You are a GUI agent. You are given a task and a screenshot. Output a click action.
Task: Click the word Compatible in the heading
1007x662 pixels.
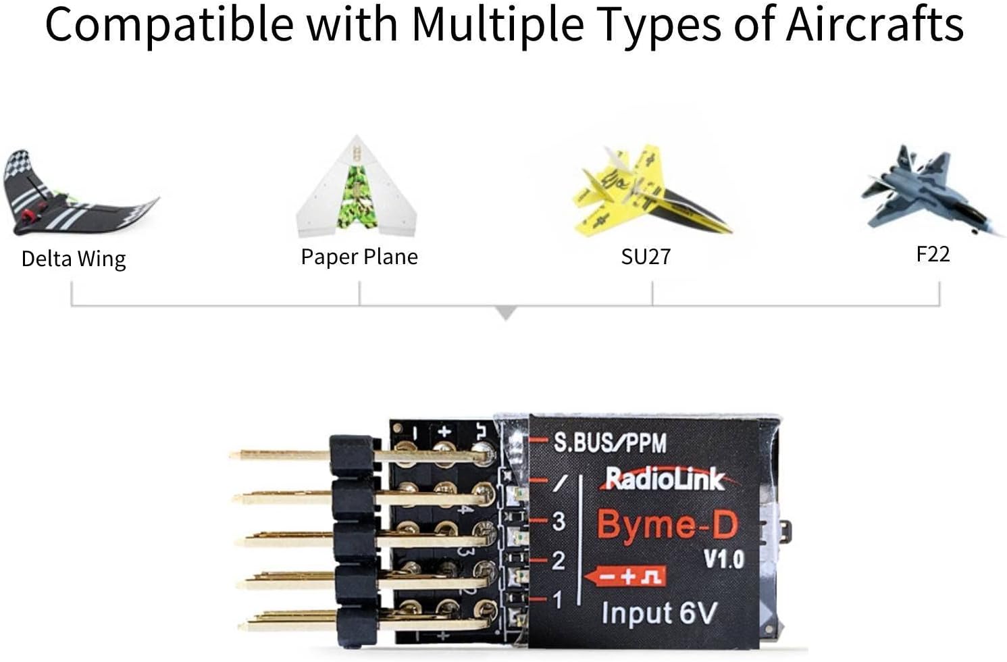tap(170, 24)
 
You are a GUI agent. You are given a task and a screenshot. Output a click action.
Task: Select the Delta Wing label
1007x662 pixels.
tap(74, 259)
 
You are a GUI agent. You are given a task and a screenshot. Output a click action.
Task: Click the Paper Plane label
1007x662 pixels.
tap(359, 257)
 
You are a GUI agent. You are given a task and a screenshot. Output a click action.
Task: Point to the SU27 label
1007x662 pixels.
tap(646, 257)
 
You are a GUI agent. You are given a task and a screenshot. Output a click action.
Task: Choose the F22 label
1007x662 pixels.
tap(933, 254)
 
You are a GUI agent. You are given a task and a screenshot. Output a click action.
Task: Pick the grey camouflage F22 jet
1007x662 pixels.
tap(929, 193)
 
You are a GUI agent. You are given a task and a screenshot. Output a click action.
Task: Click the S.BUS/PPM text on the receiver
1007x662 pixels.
tap(610, 442)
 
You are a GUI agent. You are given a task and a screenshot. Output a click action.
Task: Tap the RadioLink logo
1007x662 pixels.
tap(664, 479)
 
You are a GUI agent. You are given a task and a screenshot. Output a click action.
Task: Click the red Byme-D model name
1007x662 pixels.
tap(667, 525)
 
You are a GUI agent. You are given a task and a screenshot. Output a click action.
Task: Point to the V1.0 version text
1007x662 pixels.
tap(723, 559)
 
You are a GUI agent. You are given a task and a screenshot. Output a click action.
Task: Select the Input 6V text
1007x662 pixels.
tap(659, 613)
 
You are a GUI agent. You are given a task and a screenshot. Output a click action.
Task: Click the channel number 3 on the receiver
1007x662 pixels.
tap(559, 521)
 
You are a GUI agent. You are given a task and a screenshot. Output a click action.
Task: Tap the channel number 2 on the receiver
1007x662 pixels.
tap(559, 561)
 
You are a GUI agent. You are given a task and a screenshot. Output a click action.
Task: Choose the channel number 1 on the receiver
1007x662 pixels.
tap(557, 599)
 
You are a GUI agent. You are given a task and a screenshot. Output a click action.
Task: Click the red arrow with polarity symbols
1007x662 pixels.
tap(625, 577)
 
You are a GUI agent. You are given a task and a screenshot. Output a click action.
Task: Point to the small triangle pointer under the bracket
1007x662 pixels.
tap(506, 313)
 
